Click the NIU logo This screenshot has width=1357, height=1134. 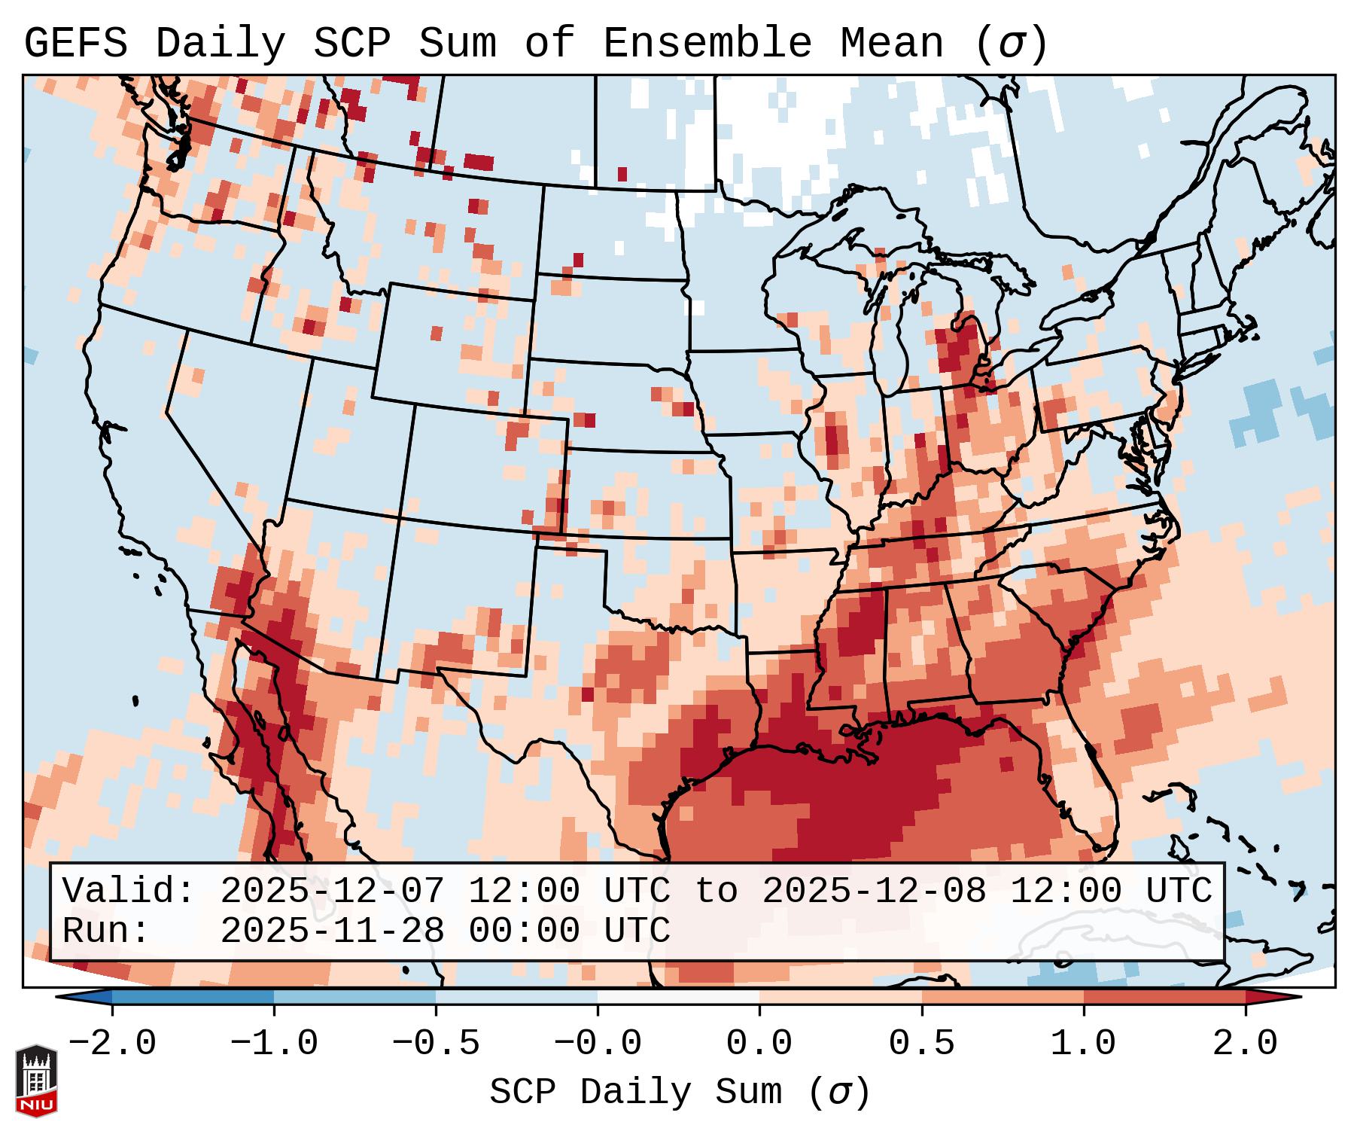pyautogui.click(x=36, y=1081)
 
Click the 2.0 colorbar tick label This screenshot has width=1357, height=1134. pyautogui.click(x=1245, y=1044)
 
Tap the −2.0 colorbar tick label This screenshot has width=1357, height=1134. pyautogui.click(x=112, y=1044)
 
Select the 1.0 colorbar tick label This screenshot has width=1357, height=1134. pyautogui.click(x=1083, y=1044)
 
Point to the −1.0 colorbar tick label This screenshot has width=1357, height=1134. pyautogui.click(x=274, y=1044)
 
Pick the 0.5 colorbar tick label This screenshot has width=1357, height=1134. pyautogui.click(x=921, y=1044)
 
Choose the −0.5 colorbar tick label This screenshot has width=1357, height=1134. pyautogui.click(x=436, y=1044)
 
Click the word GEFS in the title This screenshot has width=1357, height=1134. pyautogui.click(x=75, y=43)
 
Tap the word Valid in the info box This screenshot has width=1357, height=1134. pyautogui.click(x=128, y=892)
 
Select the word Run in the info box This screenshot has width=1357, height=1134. pyautogui.click(x=105, y=931)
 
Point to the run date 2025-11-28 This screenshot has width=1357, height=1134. pyautogui.click(x=332, y=931)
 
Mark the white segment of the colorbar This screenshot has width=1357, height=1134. pyautogui.click(x=678, y=997)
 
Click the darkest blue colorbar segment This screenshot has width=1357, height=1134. pyautogui.click(x=193, y=997)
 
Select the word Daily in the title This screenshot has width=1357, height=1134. pyautogui.click(x=221, y=43)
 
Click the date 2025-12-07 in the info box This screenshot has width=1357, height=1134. pyautogui.click(x=332, y=892)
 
